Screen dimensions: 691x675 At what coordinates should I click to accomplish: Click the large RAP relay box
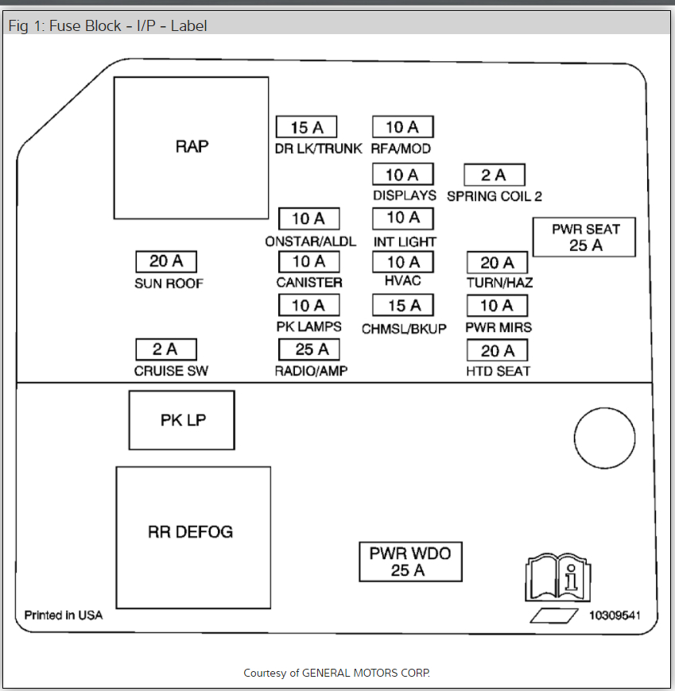pos(191,147)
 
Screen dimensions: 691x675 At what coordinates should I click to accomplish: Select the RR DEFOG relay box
pos(192,531)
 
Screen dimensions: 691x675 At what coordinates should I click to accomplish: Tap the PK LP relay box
pos(182,420)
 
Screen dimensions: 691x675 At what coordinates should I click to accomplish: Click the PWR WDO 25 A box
pos(409,561)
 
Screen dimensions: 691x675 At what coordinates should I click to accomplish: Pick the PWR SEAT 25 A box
pos(584,237)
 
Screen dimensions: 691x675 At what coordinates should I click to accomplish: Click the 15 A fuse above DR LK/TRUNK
pos(306,127)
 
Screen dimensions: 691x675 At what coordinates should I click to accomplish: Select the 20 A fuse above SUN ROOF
pos(165,261)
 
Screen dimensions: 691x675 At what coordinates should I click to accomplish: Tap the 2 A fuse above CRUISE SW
pos(165,349)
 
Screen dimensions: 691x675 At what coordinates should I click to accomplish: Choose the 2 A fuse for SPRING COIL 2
pos(495,175)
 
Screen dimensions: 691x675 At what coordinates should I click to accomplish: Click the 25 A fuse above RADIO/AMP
pos(308,349)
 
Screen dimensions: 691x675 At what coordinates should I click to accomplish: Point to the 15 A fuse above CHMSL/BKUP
pos(403,306)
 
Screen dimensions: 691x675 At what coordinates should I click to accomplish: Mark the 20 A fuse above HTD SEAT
pos(497,350)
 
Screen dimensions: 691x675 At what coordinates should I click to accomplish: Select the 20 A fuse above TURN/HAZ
pos(497,262)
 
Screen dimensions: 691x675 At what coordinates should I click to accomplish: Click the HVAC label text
pos(403,281)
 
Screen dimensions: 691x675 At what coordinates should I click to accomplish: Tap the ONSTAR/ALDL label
pos(311,241)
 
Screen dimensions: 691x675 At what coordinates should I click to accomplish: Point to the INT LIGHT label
pos(405,241)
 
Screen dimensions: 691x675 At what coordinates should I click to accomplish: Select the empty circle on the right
pos(604,438)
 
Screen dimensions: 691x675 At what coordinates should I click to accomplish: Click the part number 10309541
pos(614,616)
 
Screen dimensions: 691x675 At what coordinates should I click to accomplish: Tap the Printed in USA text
pos(64,615)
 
